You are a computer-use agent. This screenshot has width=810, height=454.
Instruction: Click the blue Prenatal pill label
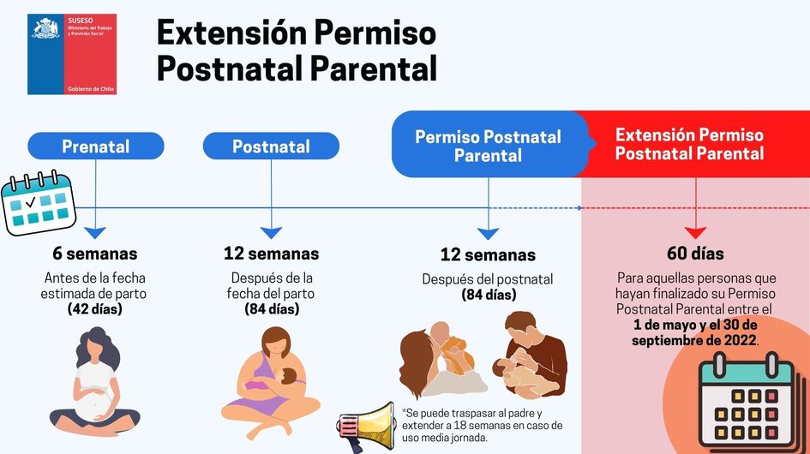pyautogui.click(x=95, y=146)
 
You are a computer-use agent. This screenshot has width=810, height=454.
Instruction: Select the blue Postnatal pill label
pyautogui.click(x=271, y=146)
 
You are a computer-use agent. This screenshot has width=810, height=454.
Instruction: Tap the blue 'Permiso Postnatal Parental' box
pyautogui.click(x=489, y=144)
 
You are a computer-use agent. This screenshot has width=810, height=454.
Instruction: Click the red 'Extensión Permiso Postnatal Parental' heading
pyautogui.click(x=689, y=144)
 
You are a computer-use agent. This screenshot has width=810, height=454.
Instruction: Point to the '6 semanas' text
pyautogui.click(x=95, y=254)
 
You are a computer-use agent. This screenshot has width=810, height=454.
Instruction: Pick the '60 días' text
pyautogui.click(x=695, y=253)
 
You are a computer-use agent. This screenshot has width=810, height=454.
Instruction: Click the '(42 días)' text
pyautogui.click(x=95, y=309)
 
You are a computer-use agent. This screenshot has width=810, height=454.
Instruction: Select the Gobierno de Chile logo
pyautogui.click(x=72, y=54)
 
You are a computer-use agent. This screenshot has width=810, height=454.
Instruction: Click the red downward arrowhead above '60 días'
pyautogui.click(x=695, y=232)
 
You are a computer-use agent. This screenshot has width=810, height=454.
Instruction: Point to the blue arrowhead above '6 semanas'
pyautogui.click(x=95, y=232)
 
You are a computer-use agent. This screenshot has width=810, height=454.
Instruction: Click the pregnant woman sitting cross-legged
pyautogui.click(x=95, y=382)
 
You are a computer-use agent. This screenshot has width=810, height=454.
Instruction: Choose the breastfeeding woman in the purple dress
pyautogui.click(x=271, y=382)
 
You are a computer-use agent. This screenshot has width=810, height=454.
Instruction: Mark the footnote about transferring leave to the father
pyautogui.click(x=482, y=426)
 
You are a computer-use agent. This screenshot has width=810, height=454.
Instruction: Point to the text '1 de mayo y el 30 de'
pyautogui.click(x=695, y=325)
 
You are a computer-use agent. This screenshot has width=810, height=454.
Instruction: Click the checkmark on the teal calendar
pyautogui.click(x=31, y=202)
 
